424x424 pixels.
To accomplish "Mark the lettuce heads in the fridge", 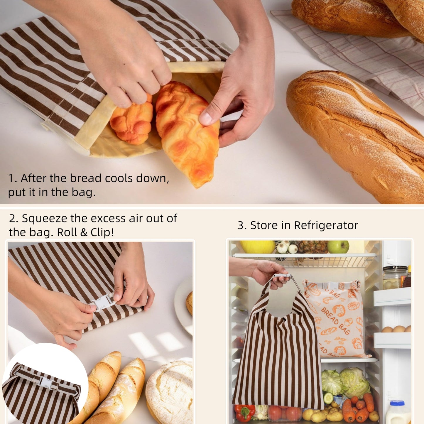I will pos(345,381).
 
